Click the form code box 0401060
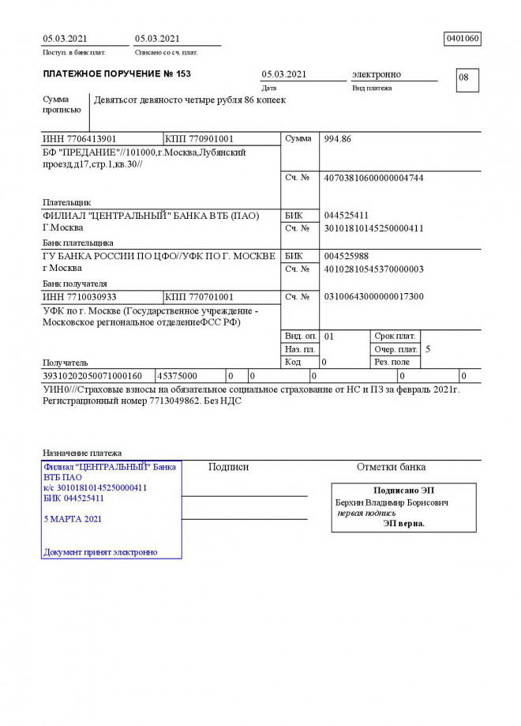[463, 39]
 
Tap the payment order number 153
[183, 74]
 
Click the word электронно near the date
[376, 74]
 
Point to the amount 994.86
[338, 139]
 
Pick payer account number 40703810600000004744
[373, 179]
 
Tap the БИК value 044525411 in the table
[347, 216]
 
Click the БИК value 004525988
[347, 256]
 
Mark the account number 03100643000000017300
[373, 297]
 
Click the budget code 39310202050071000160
[92, 376]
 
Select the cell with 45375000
[178, 376]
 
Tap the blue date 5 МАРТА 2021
[73, 519]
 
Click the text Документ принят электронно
[100, 552]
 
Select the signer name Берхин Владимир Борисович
[392, 502]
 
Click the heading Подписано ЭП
[403, 491]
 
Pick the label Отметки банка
[391, 467]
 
